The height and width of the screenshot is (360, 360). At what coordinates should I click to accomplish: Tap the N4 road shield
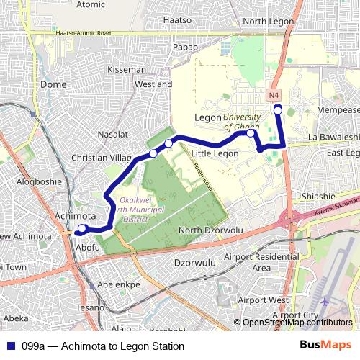pos(274,94)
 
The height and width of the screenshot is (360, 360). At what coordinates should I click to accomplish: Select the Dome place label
pos(53,84)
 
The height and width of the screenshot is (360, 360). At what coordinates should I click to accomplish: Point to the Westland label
pos(153,84)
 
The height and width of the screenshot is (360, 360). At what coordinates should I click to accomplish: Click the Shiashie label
pos(319,196)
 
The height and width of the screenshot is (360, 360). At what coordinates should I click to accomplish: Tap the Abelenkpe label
pos(118,285)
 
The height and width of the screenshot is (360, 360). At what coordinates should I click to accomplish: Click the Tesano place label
pos(91,307)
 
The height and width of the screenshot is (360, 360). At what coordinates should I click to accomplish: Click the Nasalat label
pos(112,134)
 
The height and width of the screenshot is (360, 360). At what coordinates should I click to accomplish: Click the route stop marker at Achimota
pos(82,229)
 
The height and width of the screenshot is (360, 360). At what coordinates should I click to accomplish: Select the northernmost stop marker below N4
pos(278,109)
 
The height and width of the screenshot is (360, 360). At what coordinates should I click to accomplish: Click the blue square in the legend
pos(10,346)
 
